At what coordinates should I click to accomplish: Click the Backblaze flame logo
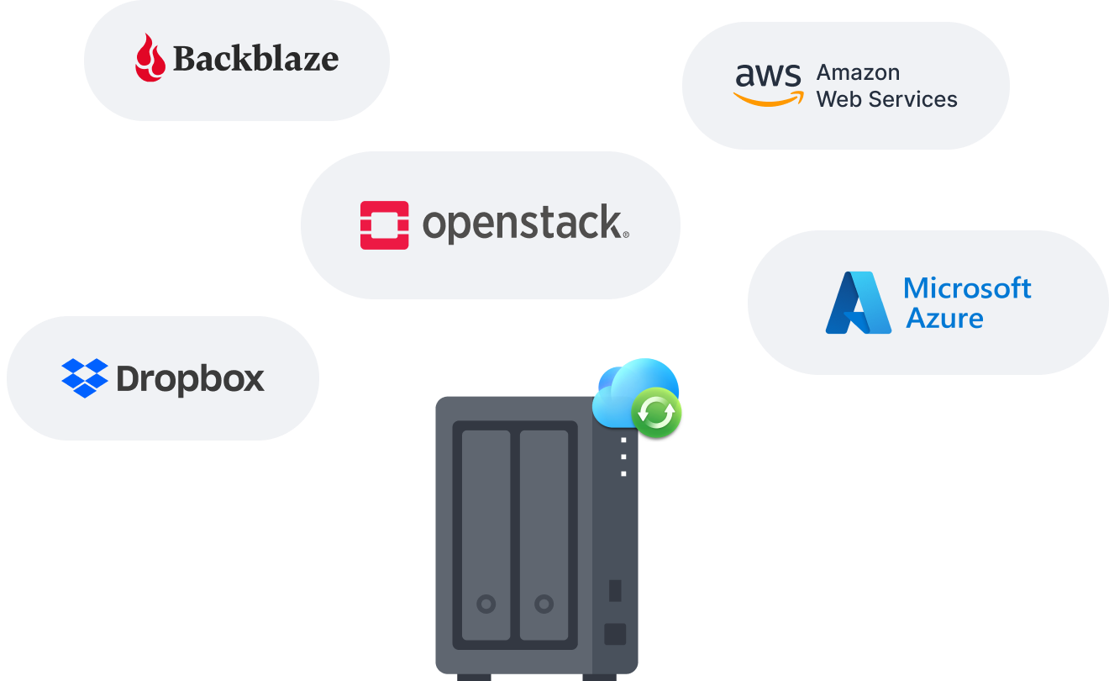(x=150, y=58)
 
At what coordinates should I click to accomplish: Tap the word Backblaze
(x=255, y=59)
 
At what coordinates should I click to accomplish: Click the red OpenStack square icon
(x=384, y=225)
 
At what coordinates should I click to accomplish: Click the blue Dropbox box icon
(x=85, y=378)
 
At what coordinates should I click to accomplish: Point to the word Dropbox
(x=191, y=379)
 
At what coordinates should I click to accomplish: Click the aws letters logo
(x=768, y=76)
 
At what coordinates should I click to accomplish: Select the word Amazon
(x=858, y=72)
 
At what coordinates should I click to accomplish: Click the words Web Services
(x=886, y=99)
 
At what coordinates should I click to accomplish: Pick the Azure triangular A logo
(x=858, y=303)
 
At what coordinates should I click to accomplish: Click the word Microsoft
(x=967, y=288)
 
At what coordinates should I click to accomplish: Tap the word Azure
(x=943, y=319)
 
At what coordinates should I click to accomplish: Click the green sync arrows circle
(x=656, y=412)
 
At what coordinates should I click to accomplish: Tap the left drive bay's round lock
(x=486, y=603)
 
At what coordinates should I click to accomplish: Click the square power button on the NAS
(x=615, y=633)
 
